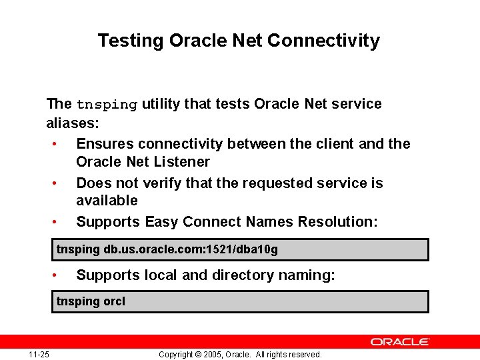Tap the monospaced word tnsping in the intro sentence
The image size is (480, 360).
107,105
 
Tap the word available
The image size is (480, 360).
107,201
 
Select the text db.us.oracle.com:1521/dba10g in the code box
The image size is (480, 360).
191,250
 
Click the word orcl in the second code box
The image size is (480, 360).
114,301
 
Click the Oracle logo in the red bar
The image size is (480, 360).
400,341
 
